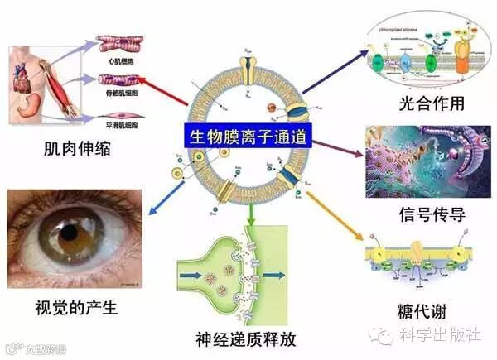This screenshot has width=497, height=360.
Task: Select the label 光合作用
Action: tap(432, 104)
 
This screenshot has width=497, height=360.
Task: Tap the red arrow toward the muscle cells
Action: tap(162, 92)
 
